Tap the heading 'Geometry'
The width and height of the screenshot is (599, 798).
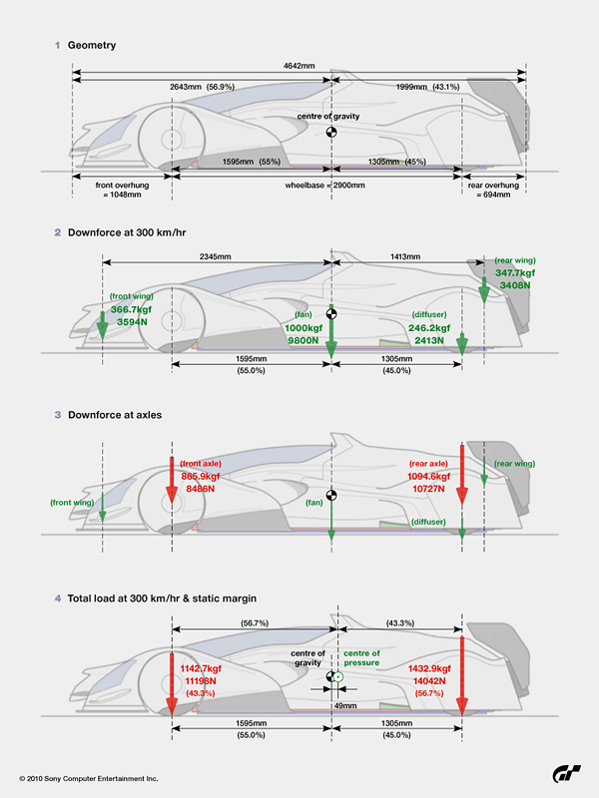click(x=93, y=45)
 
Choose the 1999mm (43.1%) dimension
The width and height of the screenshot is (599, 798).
click(x=426, y=87)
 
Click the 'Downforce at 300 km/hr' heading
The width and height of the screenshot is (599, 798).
click(x=130, y=232)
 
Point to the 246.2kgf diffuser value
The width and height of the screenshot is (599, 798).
click(x=430, y=327)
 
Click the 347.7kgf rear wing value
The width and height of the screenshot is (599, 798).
click(x=515, y=272)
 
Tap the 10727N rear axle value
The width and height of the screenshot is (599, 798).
click(x=430, y=490)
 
